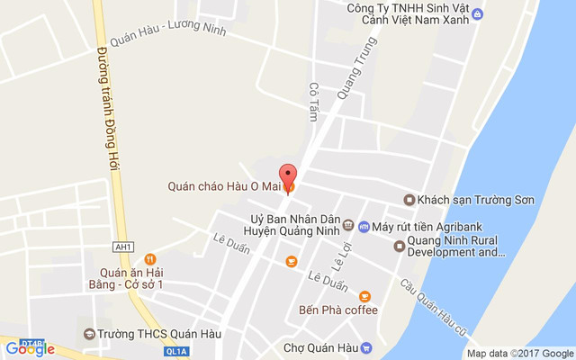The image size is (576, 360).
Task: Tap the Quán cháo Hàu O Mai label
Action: [x=224, y=187]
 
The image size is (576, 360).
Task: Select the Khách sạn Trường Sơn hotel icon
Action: [x=409, y=200]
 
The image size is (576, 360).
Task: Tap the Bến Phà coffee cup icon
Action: [x=364, y=296]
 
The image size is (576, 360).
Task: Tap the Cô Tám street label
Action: [x=314, y=103]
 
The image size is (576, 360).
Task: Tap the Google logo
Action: [x=30, y=348]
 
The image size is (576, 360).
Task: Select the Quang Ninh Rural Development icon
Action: [x=400, y=246]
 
